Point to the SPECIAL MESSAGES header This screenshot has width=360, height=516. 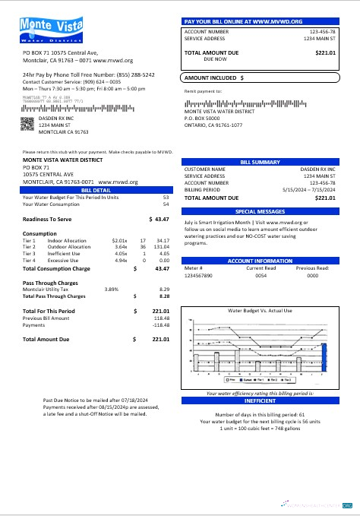(260, 211)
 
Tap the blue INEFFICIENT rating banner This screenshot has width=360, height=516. (260, 400)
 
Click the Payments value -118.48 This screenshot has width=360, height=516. (159, 324)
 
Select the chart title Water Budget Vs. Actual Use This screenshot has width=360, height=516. (260, 311)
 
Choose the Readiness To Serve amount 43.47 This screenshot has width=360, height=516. (161, 218)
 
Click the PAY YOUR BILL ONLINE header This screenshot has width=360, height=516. (260, 21)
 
